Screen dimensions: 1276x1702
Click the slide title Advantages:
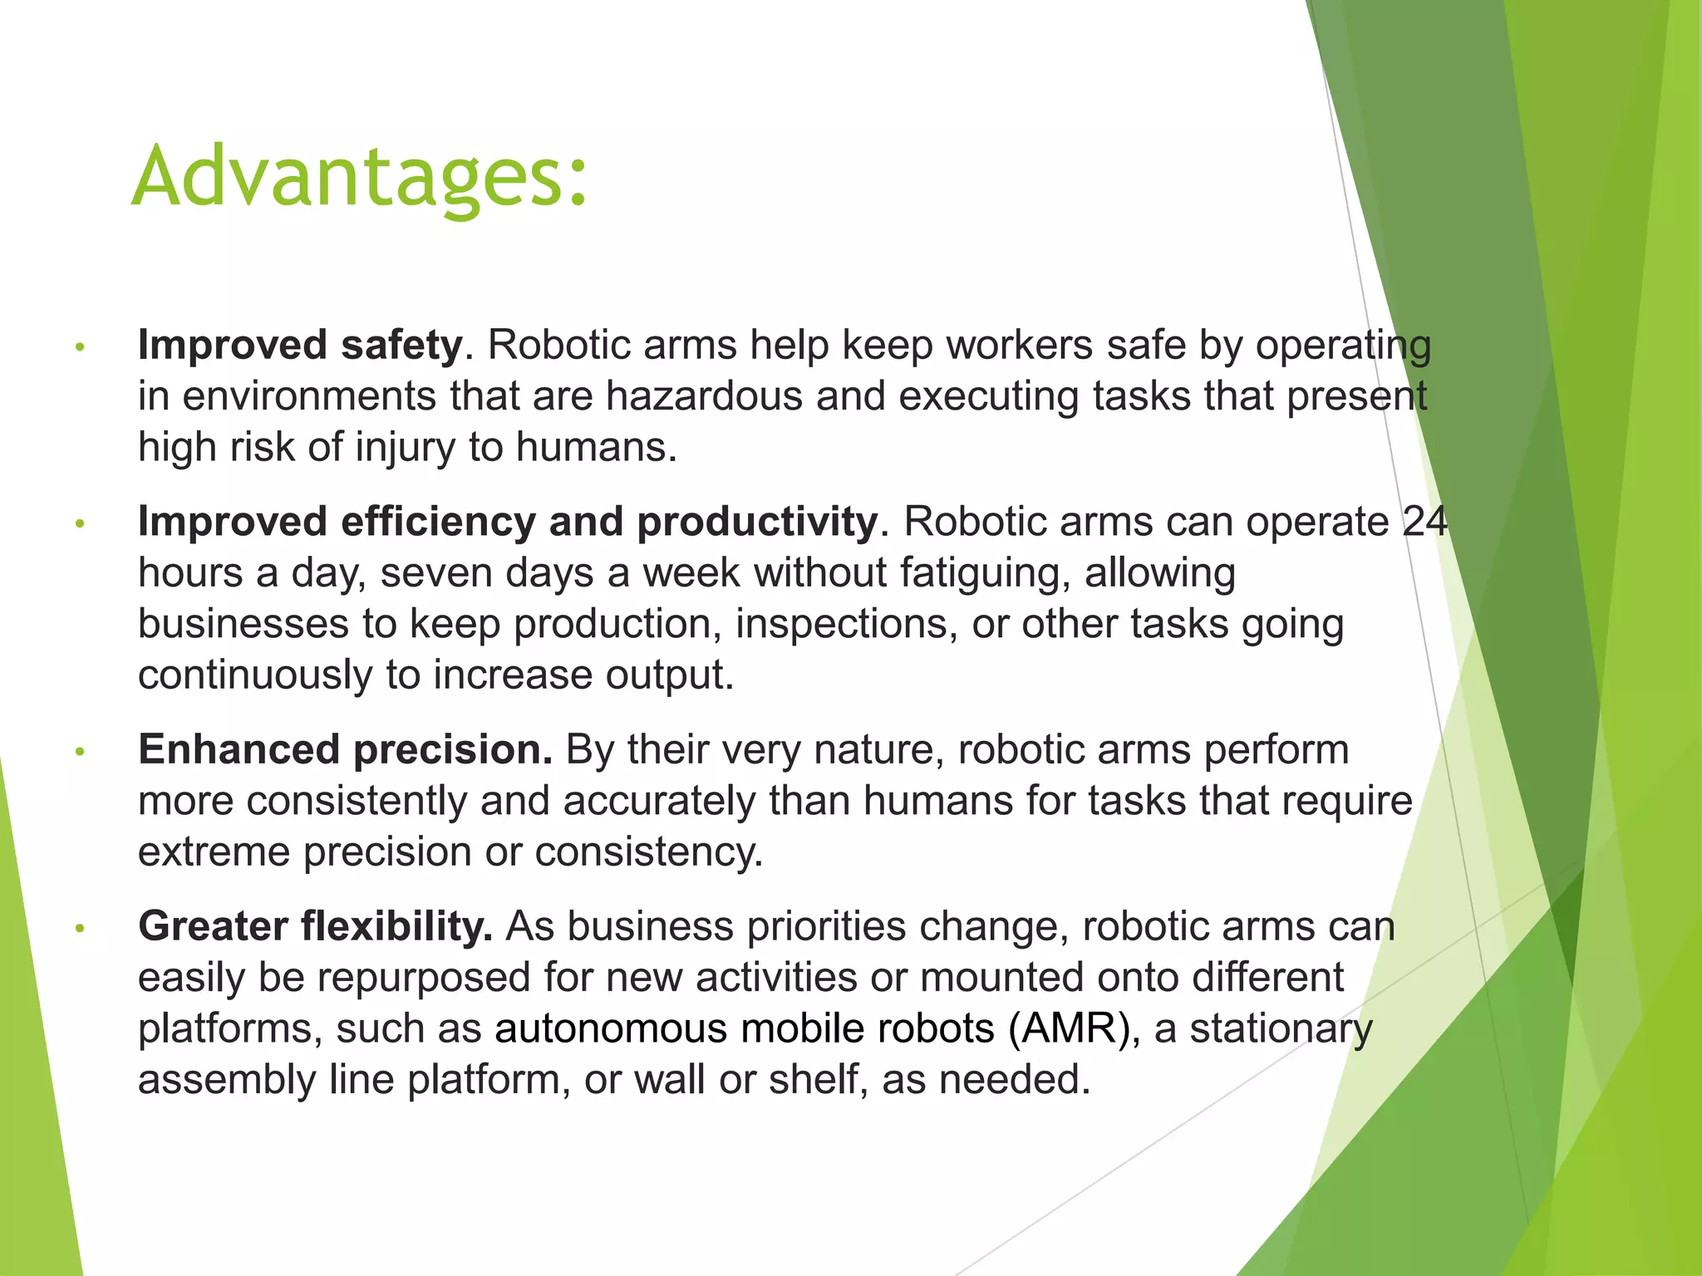(x=359, y=177)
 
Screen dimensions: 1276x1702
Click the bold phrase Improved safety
(x=300, y=345)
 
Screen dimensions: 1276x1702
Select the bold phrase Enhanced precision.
(x=345, y=749)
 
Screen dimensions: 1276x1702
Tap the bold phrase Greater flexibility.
(x=315, y=926)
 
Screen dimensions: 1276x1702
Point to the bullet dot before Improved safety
(x=80, y=347)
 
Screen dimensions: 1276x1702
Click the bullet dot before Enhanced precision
(x=80, y=752)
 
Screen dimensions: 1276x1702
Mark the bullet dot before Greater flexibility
(x=80, y=929)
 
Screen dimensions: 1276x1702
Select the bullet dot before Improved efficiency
(x=80, y=524)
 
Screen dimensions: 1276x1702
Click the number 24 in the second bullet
(x=1424, y=522)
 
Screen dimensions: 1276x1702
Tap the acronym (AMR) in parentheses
(x=1070, y=1028)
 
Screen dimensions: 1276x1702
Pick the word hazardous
(x=704, y=396)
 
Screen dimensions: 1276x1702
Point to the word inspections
(x=841, y=624)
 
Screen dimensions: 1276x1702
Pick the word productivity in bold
(x=757, y=523)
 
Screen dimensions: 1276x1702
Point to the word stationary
(x=1281, y=1028)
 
